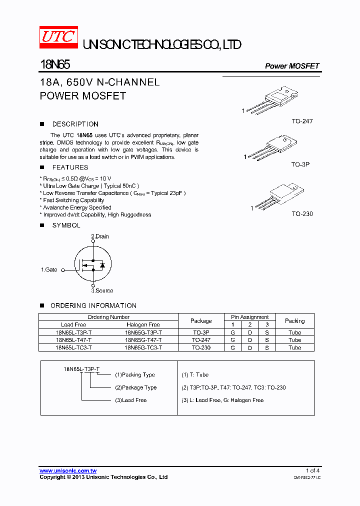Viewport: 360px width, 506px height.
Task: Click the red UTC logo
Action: tap(58, 38)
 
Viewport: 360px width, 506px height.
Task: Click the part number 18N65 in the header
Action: tap(55, 65)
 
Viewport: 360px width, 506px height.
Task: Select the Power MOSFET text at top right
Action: tap(291, 66)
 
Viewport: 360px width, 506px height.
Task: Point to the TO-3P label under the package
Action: tap(300, 164)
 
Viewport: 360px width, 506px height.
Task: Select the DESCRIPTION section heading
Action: tap(75, 124)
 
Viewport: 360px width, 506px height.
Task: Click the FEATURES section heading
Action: tap(70, 167)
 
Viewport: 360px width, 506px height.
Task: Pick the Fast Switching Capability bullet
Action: tap(73, 200)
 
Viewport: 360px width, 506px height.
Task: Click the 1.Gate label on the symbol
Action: tap(49, 269)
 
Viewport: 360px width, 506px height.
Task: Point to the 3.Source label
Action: tap(102, 290)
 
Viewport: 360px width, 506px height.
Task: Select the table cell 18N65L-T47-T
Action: tap(73, 340)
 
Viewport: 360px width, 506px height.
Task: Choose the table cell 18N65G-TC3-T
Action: tap(143, 347)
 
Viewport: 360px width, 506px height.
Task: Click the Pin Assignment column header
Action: tap(249, 317)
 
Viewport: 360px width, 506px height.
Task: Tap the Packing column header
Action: tap(294, 321)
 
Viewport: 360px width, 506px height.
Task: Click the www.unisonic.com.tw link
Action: tap(68, 470)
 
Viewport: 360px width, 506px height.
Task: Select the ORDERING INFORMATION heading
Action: tap(93, 305)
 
